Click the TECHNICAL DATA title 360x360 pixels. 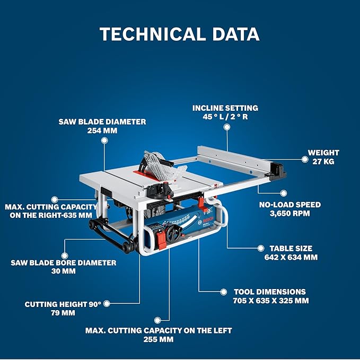[x=180, y=34]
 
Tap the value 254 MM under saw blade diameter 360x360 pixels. [x=102, y=130]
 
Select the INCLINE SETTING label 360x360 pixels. [x=225, y=108]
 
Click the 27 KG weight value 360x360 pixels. [x=323, y=161]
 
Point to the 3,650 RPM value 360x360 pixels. [x=289, y=213]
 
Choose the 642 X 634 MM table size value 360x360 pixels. [x=291, y=257]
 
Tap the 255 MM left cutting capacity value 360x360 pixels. [x=158, y=339]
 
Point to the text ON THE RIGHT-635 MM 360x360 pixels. [x=51, y=215]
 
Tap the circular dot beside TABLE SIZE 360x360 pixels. [x=260, y=248]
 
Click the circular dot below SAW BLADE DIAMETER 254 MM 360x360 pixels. [x=104, y=141]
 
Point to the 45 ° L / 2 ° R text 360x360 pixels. [x=225, y=117]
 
